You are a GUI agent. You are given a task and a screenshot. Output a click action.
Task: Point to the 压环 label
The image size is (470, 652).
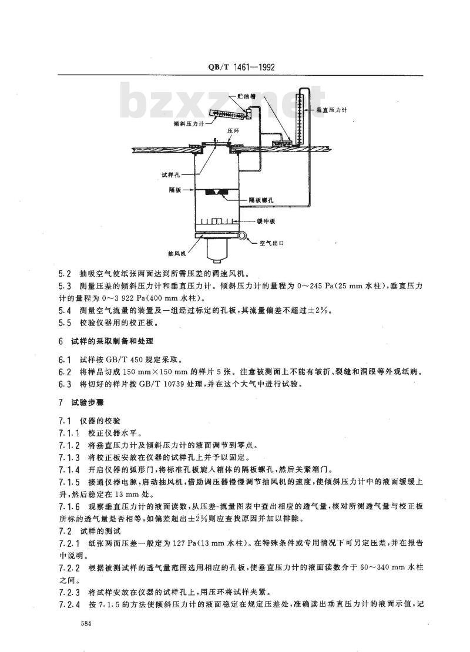tap(233, 130)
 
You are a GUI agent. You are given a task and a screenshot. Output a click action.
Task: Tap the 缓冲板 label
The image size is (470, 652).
tap(266, 221)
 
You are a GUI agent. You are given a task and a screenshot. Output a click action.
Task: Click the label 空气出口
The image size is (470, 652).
tap(271, 243)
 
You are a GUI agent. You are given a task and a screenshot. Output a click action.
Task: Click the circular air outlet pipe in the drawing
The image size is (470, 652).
tap(242, 236)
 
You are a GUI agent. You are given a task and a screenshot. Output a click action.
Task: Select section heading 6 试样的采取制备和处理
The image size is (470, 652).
tap(106, 341)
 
